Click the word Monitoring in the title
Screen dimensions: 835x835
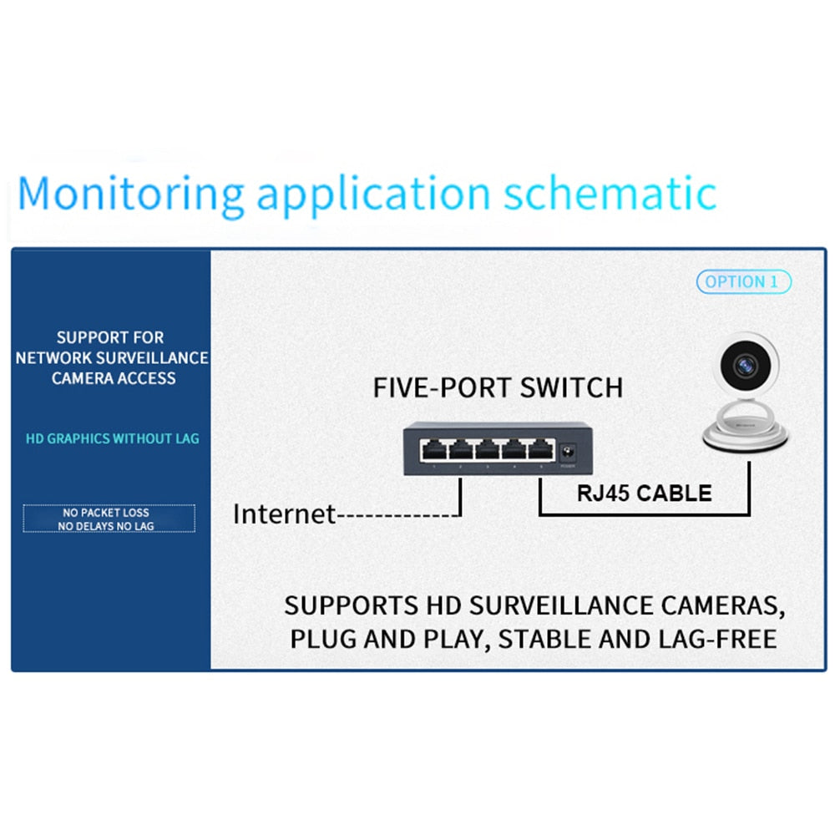tap(130, 193)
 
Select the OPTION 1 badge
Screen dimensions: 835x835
tap(743, 282)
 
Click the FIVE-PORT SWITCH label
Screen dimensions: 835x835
tap(498, 387)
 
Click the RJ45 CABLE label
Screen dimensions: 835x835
tap(644, 493)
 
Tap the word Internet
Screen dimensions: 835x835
tap(284, 514)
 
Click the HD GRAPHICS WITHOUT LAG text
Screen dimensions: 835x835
tap(113, 438)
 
